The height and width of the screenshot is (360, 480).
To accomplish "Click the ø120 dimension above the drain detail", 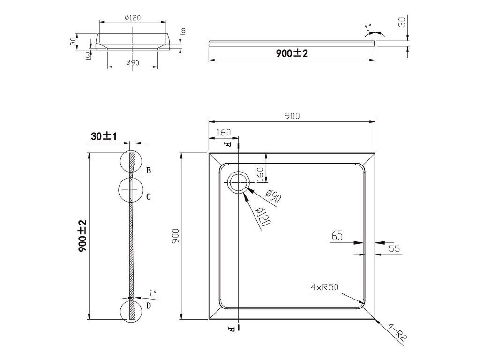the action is click(133, 18).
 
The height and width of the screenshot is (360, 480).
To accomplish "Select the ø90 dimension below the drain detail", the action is click(133, 63).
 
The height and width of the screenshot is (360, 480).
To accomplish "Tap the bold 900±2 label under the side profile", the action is click(292, 53).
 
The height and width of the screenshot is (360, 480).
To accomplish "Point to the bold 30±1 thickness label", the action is click(104, 136).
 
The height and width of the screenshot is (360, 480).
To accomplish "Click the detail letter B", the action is click(149, 171).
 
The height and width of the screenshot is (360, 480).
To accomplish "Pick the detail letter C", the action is click(149, 196).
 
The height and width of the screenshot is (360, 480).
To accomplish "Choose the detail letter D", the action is click(149, 306).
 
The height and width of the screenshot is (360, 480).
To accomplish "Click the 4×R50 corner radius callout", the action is click(324, 287).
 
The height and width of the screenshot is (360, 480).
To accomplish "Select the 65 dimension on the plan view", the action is click(337, 236).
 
